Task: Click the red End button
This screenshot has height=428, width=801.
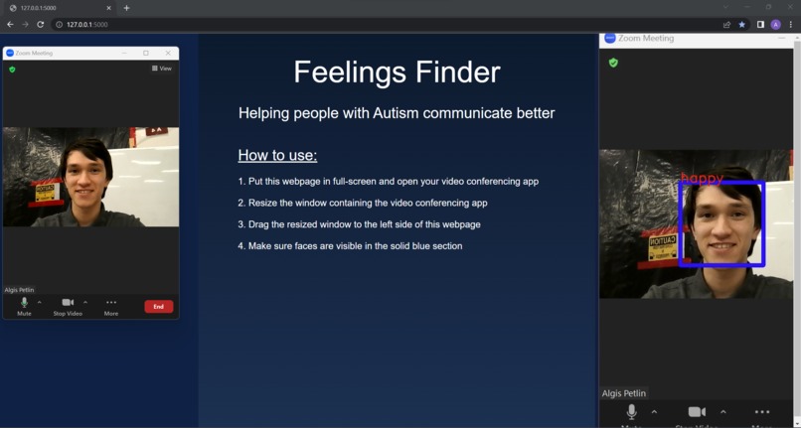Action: click(158, 307)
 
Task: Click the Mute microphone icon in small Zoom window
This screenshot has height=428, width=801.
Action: click(24, 302)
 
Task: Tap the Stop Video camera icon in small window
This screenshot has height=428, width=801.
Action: click(68, 302)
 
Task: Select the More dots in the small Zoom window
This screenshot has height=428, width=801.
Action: click(111, 302)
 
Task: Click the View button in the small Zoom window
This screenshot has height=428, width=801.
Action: click(162, 69)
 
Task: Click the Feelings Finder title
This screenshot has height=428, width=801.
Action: click(397, 72)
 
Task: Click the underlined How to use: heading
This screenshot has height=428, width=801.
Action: click(277, 156)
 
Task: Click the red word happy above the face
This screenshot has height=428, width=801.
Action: click(702, 179)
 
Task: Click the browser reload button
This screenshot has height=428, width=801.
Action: click(41, 24)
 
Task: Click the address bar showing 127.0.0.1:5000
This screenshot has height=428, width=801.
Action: click(89, 24)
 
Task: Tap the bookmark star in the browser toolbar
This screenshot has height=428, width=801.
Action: click(741, 24)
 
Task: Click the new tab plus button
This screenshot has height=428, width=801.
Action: click(126, 8)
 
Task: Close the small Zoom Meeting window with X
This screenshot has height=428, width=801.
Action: click(168, 53)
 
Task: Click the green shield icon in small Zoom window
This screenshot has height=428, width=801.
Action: click(12, 70)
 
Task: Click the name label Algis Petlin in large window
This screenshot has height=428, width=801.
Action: click(623, 393)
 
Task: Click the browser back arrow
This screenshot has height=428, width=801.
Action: click(10, 24)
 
